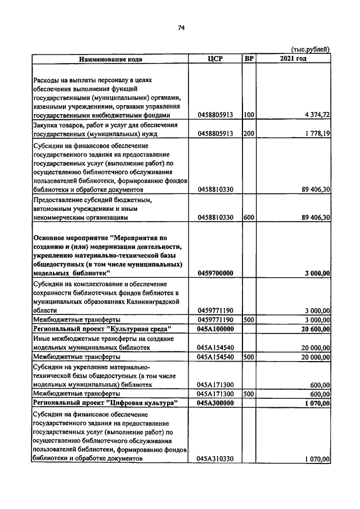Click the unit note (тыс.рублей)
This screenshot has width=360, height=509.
[310, 49]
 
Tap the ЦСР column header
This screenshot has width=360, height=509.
[215, 58]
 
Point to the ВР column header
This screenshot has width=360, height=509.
[249, 58]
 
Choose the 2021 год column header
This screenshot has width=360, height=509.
[292, 58]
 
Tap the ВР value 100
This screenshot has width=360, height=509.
[249, 115]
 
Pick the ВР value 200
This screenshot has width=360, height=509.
[249, 134]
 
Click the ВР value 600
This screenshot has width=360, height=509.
[249, 217]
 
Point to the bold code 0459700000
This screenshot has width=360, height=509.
[215, 273]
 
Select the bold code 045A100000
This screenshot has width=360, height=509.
[215, 328]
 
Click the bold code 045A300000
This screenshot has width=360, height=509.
[215, 403]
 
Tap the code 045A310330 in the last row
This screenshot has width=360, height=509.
[215, 459]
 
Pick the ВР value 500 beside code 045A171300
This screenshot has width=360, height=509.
[249, 394]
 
